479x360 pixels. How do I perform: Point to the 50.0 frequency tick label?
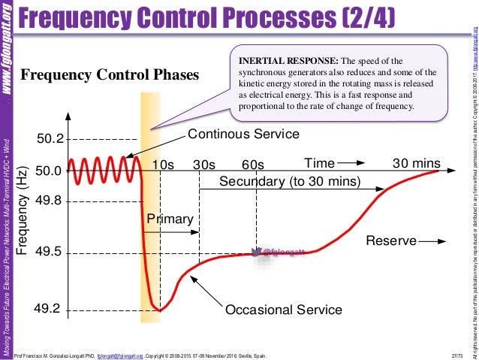[50, 171]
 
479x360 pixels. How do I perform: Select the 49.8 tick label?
[50, 201]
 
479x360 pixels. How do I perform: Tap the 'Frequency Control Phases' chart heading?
[110, 76]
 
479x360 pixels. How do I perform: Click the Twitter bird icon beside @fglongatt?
[256, 252]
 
